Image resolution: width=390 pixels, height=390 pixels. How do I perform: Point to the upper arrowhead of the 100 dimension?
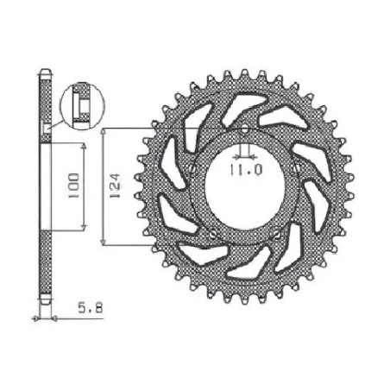83,146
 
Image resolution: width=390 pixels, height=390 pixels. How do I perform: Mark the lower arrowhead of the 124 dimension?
104,242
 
